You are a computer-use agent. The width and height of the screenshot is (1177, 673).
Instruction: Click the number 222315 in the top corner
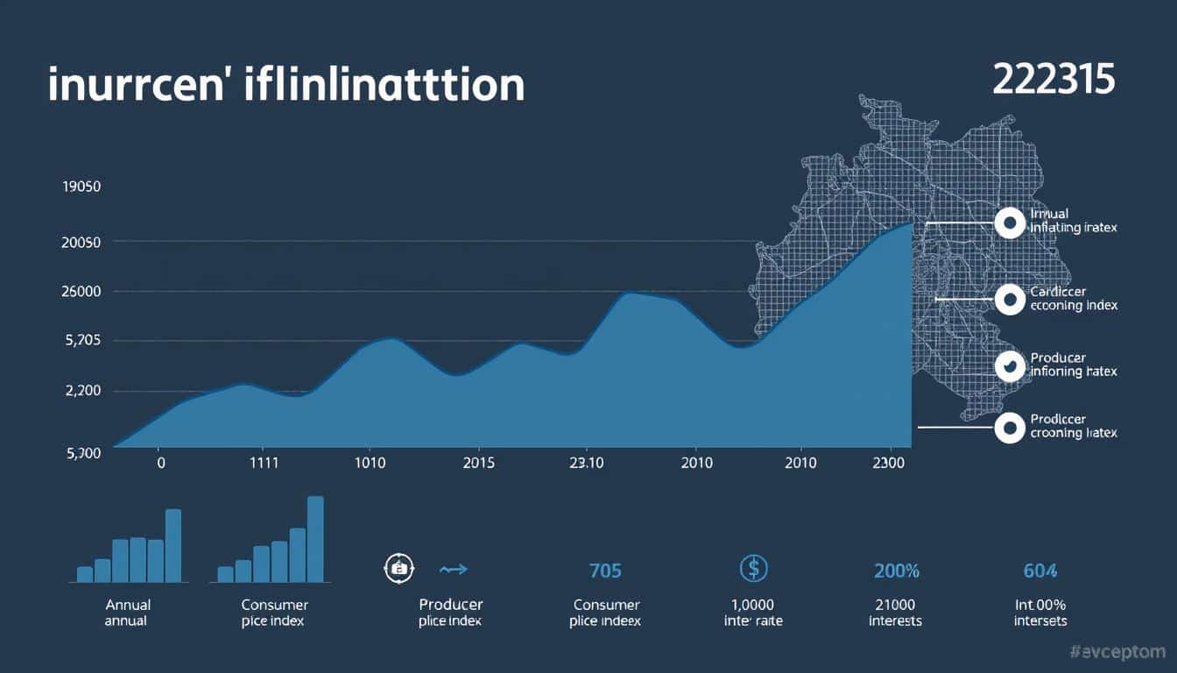tap(1054, 79)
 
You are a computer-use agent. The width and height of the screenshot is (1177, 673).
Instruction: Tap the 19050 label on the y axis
tap(81, 187)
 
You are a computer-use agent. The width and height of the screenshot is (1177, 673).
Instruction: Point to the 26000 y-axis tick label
tap(81, 291)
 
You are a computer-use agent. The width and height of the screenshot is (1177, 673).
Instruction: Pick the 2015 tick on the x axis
tap(484, 462)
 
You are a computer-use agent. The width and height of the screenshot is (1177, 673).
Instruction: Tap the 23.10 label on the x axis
tap(585, 462)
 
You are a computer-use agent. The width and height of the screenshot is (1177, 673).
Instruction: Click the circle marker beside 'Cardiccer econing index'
tap(1010, 299)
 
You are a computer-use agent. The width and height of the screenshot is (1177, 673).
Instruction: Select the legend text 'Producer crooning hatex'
tap(1074, 426)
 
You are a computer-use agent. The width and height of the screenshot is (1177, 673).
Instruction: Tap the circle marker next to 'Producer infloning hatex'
tap(1010, 365)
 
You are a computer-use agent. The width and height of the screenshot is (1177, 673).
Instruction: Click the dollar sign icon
tap(753, 569)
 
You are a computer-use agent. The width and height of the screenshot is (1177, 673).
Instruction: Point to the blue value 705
tap(605, 570)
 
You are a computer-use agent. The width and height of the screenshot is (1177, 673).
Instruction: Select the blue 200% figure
tap(896, 570)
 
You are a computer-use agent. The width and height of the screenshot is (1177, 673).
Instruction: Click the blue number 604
tap(1040, 570)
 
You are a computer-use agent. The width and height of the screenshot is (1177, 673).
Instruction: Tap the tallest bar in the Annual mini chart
tap(173, 545)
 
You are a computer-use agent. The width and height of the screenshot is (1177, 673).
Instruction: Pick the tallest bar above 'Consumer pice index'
tap(315, 539)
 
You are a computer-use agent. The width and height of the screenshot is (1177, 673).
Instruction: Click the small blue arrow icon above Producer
tap(454, 569)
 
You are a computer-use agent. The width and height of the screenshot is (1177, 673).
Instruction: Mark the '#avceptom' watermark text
tap(1118, 651)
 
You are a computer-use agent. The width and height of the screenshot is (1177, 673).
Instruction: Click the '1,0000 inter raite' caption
tap(753, 613)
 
